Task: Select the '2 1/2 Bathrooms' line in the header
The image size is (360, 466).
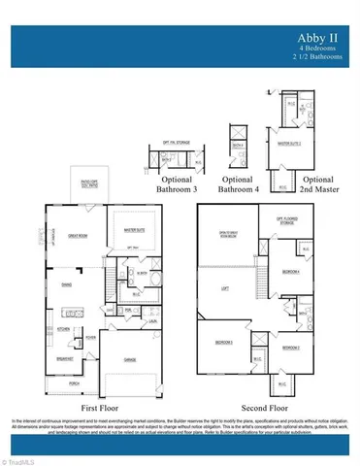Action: click(x=319, y=56)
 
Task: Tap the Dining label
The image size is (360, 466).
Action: click(x=67, y=284)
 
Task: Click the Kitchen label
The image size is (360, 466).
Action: click(x=67, y=329)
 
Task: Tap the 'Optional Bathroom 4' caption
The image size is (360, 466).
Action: click(x=237, y=184)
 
